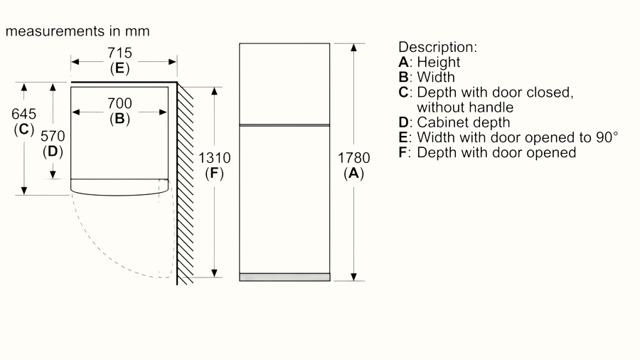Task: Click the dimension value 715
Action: click(119, 53)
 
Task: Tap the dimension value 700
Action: click(119, 104)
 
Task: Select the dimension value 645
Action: click(24, 114)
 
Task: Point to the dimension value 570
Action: click(53, 136)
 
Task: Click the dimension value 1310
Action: click(214, 158)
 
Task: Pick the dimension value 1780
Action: click(353, 158)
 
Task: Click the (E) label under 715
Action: click(119, 68)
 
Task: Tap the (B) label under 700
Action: click(119, 119)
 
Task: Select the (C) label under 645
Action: click(24, 129)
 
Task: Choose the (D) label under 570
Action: click(53, 151)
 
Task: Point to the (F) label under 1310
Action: click(214, 173)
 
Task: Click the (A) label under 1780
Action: click(353, 173)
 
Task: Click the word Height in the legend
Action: click(438, 63)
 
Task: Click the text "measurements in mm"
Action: click(77, 31)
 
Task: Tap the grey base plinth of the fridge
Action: click(284, 277)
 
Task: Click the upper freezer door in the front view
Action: click(284, 83)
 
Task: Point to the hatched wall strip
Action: click(185, 185)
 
